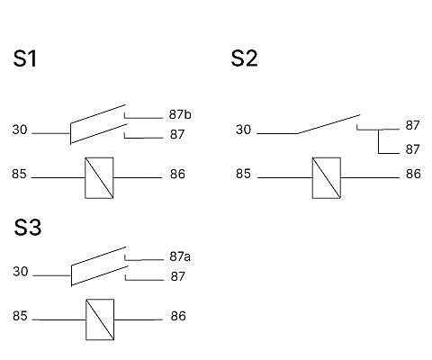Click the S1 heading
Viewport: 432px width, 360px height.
tap(25, 58)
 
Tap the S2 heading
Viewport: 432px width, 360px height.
tap(244, 58)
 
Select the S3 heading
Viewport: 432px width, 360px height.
tap(28, 227)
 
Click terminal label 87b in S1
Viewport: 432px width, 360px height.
tap(180, 114)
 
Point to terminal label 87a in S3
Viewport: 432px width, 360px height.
tap(180, 256)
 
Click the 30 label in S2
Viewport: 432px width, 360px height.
tap(243, 130)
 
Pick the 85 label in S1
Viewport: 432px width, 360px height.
tap(19, 174)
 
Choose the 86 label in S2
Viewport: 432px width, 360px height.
tap(413, 174)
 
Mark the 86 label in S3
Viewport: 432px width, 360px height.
tap(178, 316)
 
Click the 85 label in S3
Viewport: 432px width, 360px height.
tap(20, 316)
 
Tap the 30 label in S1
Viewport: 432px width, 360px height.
tap(20, 130)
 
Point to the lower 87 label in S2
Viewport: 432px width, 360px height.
tap(412, 149)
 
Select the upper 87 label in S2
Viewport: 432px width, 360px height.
tap(412, 125)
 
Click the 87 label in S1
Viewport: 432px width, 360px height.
tap(177, 134)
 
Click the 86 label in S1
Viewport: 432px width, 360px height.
tap(177, 174)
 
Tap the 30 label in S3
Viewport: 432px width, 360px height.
tap(21, 272)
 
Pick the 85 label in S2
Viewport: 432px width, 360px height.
tap(243, 174)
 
